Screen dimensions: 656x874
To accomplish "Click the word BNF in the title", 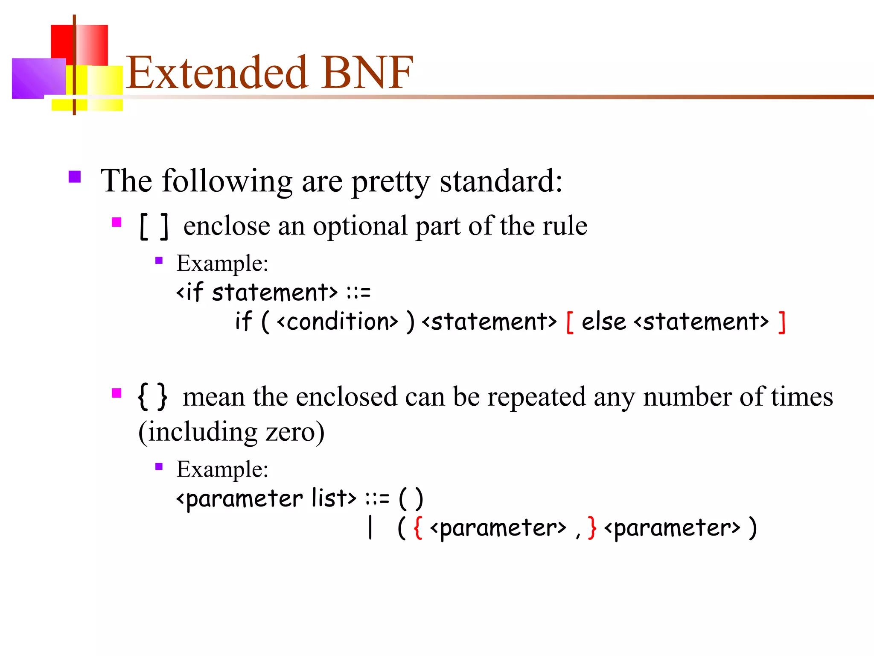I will tap(367, 73).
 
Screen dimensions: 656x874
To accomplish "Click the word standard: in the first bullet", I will tap(501, 181).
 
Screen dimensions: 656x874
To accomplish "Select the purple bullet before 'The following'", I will tap(75, 177).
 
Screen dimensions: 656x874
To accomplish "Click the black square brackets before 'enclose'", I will tap(154, 227).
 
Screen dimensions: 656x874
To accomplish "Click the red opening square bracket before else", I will tap(569, 322).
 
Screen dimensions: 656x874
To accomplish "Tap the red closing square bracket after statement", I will tap(781, 322).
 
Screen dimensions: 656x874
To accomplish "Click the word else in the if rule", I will tap(603, 322).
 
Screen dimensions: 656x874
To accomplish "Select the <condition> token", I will tap(337, 322).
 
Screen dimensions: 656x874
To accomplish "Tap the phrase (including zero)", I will tap(232, 432).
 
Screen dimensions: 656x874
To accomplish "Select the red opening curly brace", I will tap(418, 528).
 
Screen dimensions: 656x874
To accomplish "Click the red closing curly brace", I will tap(591, 528).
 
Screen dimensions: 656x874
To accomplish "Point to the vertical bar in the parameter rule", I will tap(370, 528).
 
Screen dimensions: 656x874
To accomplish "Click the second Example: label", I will tap(222, 469).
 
